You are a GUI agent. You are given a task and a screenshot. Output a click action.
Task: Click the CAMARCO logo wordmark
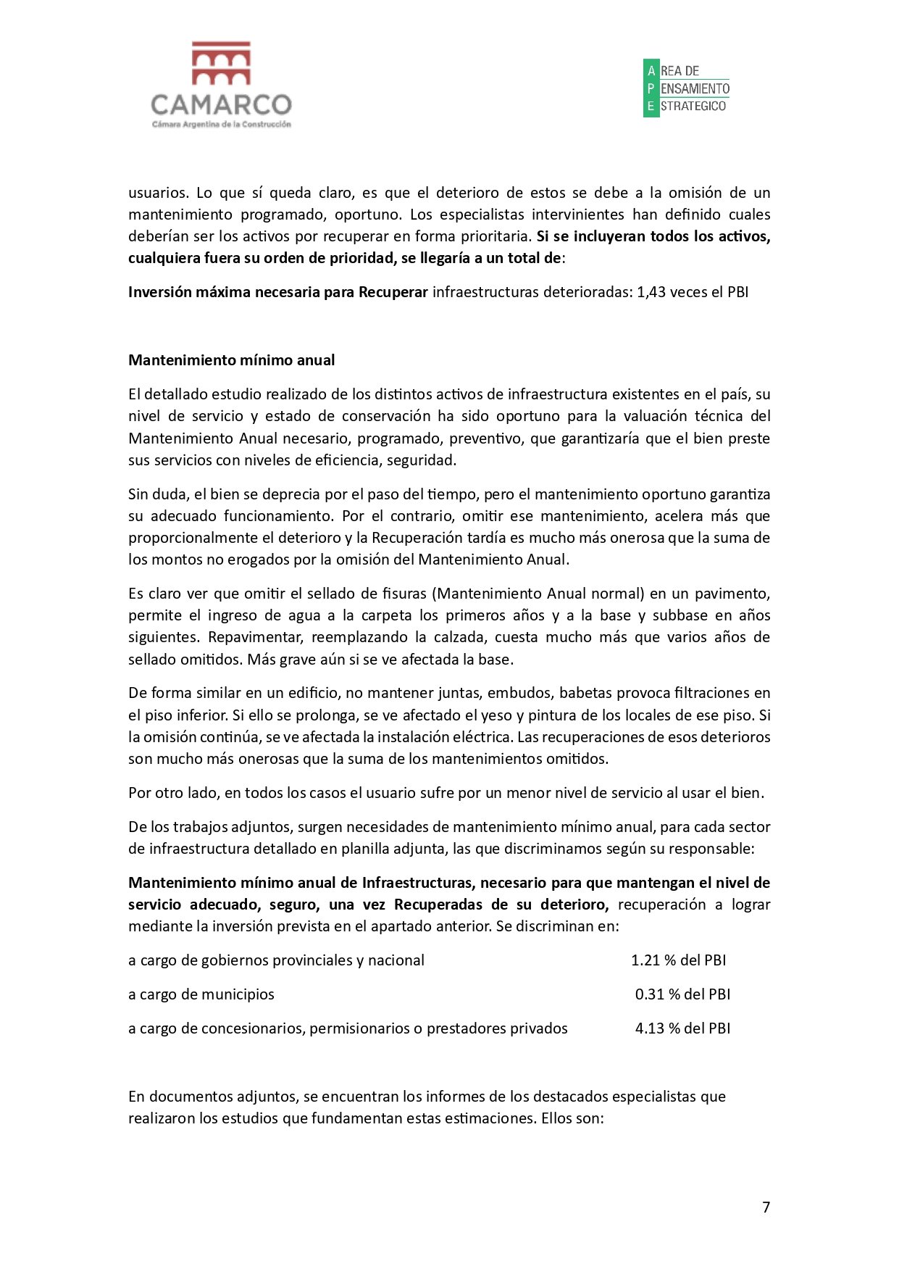221,105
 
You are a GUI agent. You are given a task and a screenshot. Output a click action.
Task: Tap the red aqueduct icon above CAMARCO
221,63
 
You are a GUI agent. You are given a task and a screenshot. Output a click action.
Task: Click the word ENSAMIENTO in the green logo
695,88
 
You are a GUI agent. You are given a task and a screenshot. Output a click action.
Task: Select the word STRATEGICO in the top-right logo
693,106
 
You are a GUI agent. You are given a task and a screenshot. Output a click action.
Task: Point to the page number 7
766,1207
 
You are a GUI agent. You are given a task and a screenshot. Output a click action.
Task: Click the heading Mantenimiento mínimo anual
231,360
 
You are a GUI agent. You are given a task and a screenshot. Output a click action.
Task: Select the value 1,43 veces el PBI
692,292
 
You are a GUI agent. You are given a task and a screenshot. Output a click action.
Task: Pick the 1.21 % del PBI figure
678,960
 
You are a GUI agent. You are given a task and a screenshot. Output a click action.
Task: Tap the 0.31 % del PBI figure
682,994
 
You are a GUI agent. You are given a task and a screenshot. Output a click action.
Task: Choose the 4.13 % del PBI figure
682,1028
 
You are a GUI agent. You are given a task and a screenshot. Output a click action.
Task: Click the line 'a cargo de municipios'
201,994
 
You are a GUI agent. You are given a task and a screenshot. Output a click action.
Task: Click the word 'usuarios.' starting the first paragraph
158,193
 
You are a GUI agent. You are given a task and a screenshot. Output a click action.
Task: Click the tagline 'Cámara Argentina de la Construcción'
221,125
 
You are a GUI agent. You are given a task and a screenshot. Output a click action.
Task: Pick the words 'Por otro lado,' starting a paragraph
174,793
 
